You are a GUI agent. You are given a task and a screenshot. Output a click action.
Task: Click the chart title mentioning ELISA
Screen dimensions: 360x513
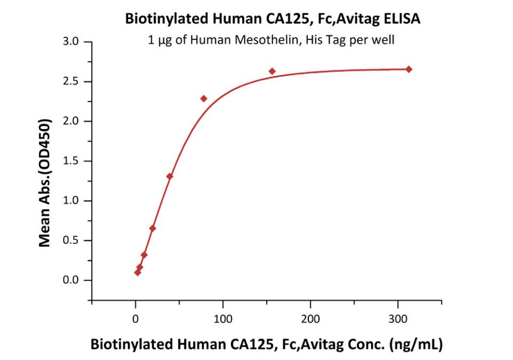(x=273, y=19)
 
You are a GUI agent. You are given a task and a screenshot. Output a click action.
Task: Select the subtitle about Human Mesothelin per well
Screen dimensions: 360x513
(x=271, y=40)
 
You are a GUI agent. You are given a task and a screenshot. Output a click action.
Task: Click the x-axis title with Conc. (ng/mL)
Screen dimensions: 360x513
(x=266, y=345)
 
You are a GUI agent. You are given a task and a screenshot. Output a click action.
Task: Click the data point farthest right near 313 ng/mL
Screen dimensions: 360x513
(x=409, y=69)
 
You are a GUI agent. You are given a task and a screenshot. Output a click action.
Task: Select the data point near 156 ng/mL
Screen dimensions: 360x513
(x=272, y=71)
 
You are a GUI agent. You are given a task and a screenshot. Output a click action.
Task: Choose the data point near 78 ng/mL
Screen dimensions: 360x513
(x=204, y=99)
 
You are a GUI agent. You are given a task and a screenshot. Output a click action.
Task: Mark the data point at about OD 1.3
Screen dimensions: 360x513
(x=169, y=176)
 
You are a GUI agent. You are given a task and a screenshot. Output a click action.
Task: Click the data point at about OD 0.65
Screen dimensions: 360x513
(x=153, y=228)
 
